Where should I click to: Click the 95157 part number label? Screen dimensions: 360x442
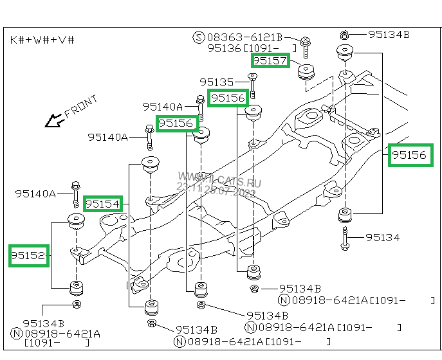click(x=270, y=60)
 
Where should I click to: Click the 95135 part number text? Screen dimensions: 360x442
click(x=217, y=82)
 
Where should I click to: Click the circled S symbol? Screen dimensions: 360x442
click(x=199, y=38)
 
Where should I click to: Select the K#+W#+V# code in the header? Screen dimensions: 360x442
click(x=42, y=40)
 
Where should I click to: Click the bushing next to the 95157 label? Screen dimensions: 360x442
click(x=305, y=73)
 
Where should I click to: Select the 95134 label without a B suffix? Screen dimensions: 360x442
click(x=382, y=238)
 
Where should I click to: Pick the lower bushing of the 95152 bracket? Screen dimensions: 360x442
click(x=77, y=287)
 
